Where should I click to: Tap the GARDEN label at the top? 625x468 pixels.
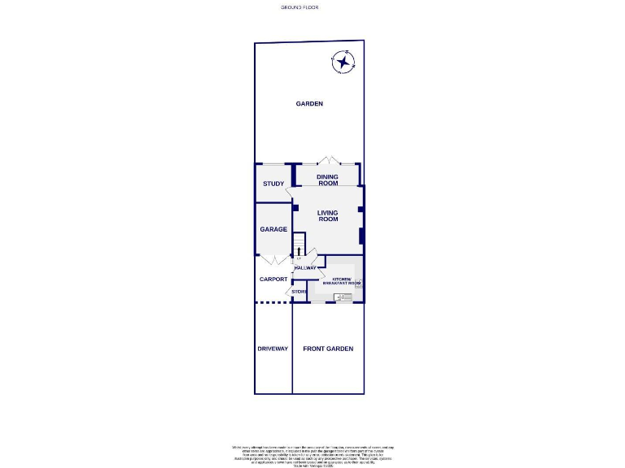click(x=309, y=104)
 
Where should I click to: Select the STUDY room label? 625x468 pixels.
click(x=273, y=184)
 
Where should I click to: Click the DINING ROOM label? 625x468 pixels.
click(x=327, y=180)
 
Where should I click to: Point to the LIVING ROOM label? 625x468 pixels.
click(x=327, y=216)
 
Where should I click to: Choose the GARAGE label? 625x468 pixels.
click(x=273, y=230)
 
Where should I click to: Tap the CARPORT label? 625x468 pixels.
click(x=273, y=279)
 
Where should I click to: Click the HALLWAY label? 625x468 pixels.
click(x=306, y=268)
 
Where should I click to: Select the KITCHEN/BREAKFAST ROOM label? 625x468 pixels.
click(x=340, y=281)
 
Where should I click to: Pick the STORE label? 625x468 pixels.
click(x=299, y=291)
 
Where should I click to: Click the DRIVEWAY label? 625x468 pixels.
click(x=273, y=349)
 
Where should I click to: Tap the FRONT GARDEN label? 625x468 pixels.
click(x=328, y=349)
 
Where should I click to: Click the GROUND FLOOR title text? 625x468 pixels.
click(x=300, y=7)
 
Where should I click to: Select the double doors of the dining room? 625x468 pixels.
click(x=327, y=160)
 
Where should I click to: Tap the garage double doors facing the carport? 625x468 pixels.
click(x=274, y=260)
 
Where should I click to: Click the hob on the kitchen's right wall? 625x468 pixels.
click(x=358, y=282)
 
